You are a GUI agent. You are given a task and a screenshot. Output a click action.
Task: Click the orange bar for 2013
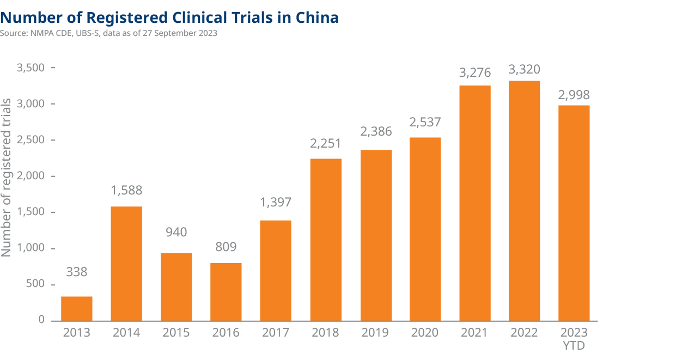tap(76, 308)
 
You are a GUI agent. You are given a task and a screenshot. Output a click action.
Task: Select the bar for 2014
tap(126, 264)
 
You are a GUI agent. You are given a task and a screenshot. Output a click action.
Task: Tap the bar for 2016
tap(226, 292)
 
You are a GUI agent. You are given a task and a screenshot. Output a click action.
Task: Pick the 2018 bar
tap(326, 240)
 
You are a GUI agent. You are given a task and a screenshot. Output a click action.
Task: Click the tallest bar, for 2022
tap(524, 200)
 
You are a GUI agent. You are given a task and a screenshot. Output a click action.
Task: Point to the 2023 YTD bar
tap(574, 213)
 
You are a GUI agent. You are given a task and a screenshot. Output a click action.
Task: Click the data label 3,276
tap(474, 72)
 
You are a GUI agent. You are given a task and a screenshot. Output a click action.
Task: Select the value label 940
tap(176, 233)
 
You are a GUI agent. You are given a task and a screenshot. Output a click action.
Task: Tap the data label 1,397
tap(276, 202)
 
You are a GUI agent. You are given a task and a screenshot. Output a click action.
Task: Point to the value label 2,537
tap(425, 122)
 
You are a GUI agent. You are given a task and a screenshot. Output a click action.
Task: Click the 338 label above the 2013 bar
tap(76, 272)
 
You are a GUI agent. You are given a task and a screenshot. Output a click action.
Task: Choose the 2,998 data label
tap(574, 95)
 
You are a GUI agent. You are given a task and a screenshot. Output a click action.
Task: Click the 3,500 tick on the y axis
tap(31, 68)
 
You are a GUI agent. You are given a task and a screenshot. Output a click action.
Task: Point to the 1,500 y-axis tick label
tap(31, 212)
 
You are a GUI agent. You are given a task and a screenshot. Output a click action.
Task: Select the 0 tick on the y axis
tap(41, 320)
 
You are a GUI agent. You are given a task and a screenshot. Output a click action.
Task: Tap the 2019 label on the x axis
tap(376, 333)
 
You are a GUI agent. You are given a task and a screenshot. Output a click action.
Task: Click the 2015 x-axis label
tap(176, 333)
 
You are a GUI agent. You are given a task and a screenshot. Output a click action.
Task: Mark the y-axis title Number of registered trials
tap(7, 178)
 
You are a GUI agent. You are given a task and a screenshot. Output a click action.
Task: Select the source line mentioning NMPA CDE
tap(109, 33)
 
